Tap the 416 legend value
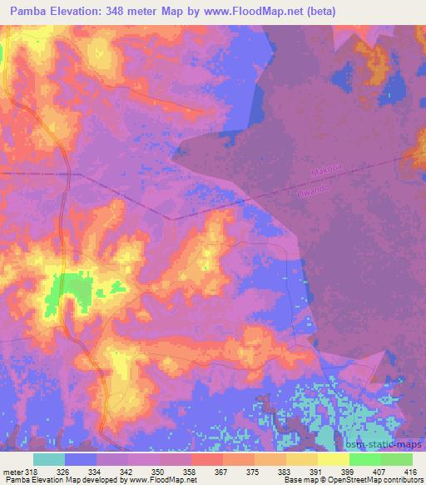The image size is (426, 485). click(411, 471)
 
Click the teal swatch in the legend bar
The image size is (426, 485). click(49, 459)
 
